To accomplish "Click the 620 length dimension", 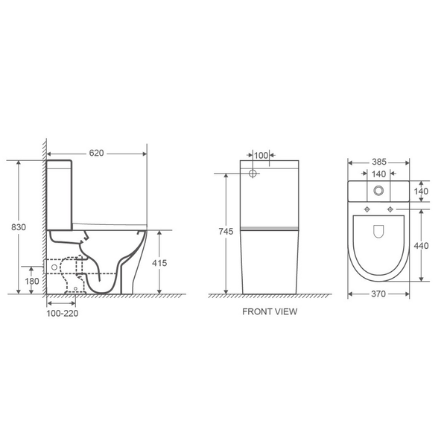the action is click(96, 153).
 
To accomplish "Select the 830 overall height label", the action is click(19, 227).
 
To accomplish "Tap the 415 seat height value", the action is click(159, 263).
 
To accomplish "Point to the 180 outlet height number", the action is click(32, 281).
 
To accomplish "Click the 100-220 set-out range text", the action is click(62, 314).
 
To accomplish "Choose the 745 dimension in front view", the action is click(226, 232).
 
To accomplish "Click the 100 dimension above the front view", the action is click(261, 156).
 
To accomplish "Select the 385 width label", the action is click(379, 162).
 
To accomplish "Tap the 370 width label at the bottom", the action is click(378, 294).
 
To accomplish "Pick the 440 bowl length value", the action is click(421, 245).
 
